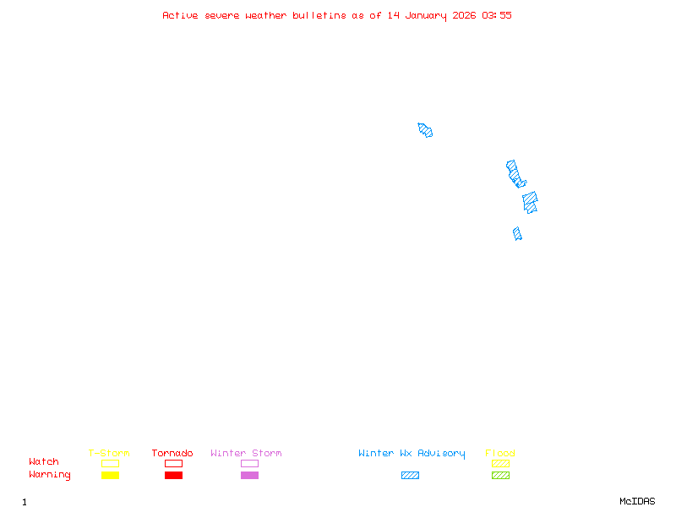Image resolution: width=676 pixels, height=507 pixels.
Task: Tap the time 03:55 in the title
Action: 497,15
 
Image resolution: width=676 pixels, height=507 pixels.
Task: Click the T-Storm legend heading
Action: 109,454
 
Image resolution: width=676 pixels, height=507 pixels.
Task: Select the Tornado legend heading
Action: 172,454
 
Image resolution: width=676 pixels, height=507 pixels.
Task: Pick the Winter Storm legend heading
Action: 246,454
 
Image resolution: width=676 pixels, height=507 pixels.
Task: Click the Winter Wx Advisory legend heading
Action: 412,454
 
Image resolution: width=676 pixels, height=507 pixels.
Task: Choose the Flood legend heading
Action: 500,454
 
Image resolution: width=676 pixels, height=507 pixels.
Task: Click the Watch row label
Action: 44,462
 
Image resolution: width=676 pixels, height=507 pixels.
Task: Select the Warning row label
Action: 50,475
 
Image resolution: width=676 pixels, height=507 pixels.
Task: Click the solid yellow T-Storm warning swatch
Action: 110,476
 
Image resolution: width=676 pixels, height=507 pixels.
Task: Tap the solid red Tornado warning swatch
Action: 173,476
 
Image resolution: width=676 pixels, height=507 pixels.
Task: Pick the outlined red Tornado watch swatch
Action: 173,463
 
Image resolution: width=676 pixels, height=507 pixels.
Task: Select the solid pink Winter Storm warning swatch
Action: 249,476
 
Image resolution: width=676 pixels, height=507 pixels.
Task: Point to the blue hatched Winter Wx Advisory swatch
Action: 410,476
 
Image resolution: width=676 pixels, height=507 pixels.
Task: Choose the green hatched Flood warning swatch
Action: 500,476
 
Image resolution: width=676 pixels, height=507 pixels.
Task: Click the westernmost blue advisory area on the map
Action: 425,130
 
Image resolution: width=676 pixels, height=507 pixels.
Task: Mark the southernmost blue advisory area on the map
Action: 517,233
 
